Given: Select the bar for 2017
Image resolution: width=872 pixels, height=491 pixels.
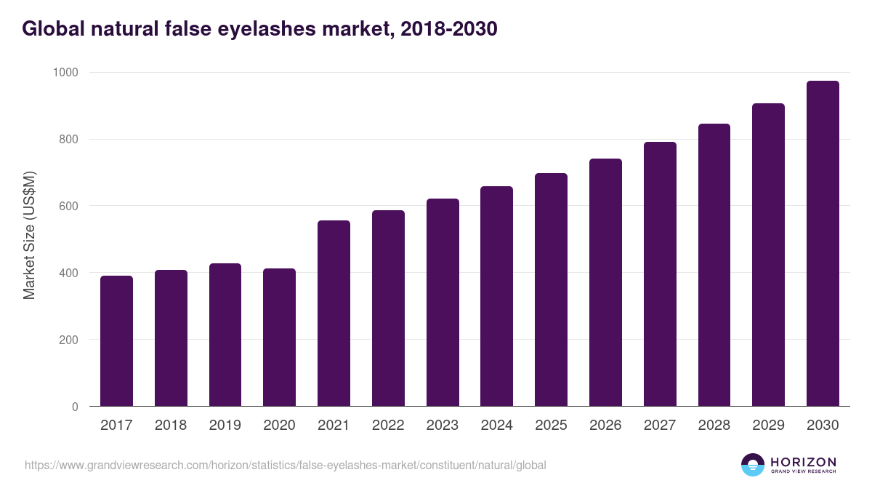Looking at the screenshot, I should [x=116, y=341].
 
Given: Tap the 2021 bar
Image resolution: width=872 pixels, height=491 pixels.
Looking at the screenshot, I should [x=334, y=314].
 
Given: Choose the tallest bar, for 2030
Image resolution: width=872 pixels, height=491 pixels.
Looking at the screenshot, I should [x=823, y=244].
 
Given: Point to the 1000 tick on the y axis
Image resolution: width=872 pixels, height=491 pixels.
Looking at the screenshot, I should [x=65, y=73].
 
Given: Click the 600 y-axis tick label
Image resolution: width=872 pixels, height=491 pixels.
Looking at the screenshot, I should [x=68, y=207].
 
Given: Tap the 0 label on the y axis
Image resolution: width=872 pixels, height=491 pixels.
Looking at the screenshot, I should [x=75, y=407].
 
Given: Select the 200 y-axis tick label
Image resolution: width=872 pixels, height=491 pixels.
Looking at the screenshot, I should [x=68, y=340].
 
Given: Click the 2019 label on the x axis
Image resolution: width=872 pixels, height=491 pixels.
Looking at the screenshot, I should [x=225, y=426].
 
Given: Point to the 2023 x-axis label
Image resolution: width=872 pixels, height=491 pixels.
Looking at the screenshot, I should [x=443, y=426].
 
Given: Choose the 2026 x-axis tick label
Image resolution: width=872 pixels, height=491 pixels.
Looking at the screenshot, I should [x=605, y=426].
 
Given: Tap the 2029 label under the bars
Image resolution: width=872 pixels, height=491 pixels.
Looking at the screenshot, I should [x=768, y=426].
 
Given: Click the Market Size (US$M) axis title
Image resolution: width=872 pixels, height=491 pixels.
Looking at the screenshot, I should [x=30, y=235].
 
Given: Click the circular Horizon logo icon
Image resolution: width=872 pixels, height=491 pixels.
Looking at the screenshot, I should [x=752, y=465].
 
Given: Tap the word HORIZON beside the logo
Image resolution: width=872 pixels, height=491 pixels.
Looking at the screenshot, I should [x=803, y=461].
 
